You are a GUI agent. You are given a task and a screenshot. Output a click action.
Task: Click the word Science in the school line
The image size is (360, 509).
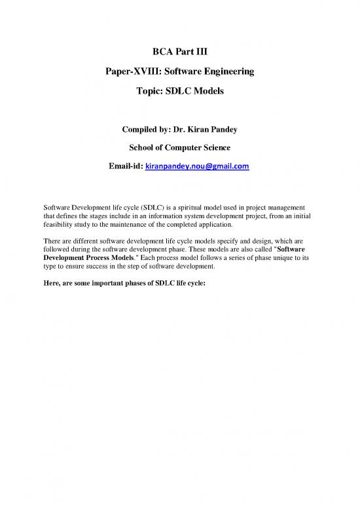pos(229,149)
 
